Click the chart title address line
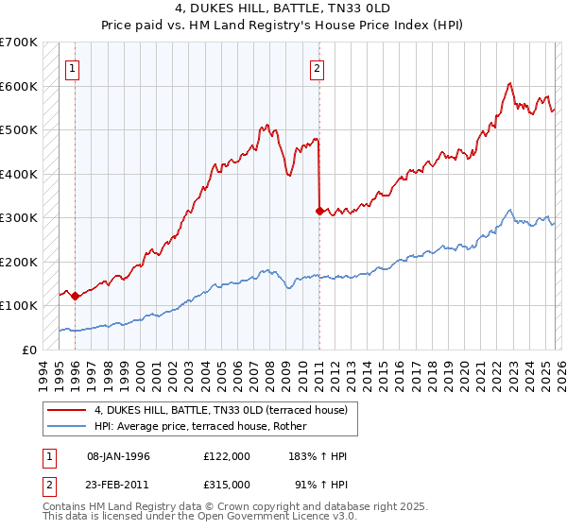pyautogui.click(x=283, y=9)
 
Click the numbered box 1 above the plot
pyautogui.click(x=73, y=67)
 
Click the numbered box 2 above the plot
pyautogui.click(x=318, y=67)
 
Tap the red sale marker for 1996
pyautogui.click(x=75, y=296)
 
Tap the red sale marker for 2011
pyautogui.click(x=319, y=211)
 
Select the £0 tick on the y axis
pyautogui.click(x=28, y=350)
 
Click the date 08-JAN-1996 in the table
pyautogui.click(x=118, y=456)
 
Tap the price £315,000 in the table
pyautogui.click(x=226, y=483)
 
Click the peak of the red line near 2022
pyautogui.click(x=509, y=83)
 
